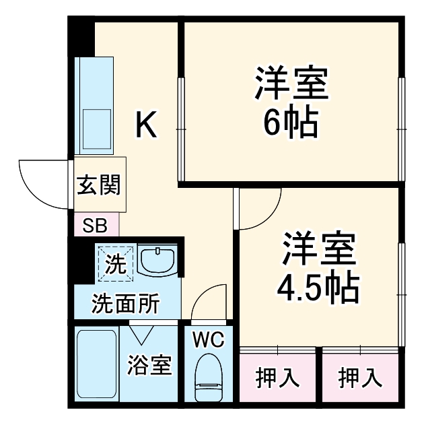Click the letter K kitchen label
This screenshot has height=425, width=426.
[x=147, y=125]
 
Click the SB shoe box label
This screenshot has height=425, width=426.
[x=94, y=225]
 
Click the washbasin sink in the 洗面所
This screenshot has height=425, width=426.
[x=159, y=261]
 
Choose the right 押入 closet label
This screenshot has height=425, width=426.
[x=360, y=378]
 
